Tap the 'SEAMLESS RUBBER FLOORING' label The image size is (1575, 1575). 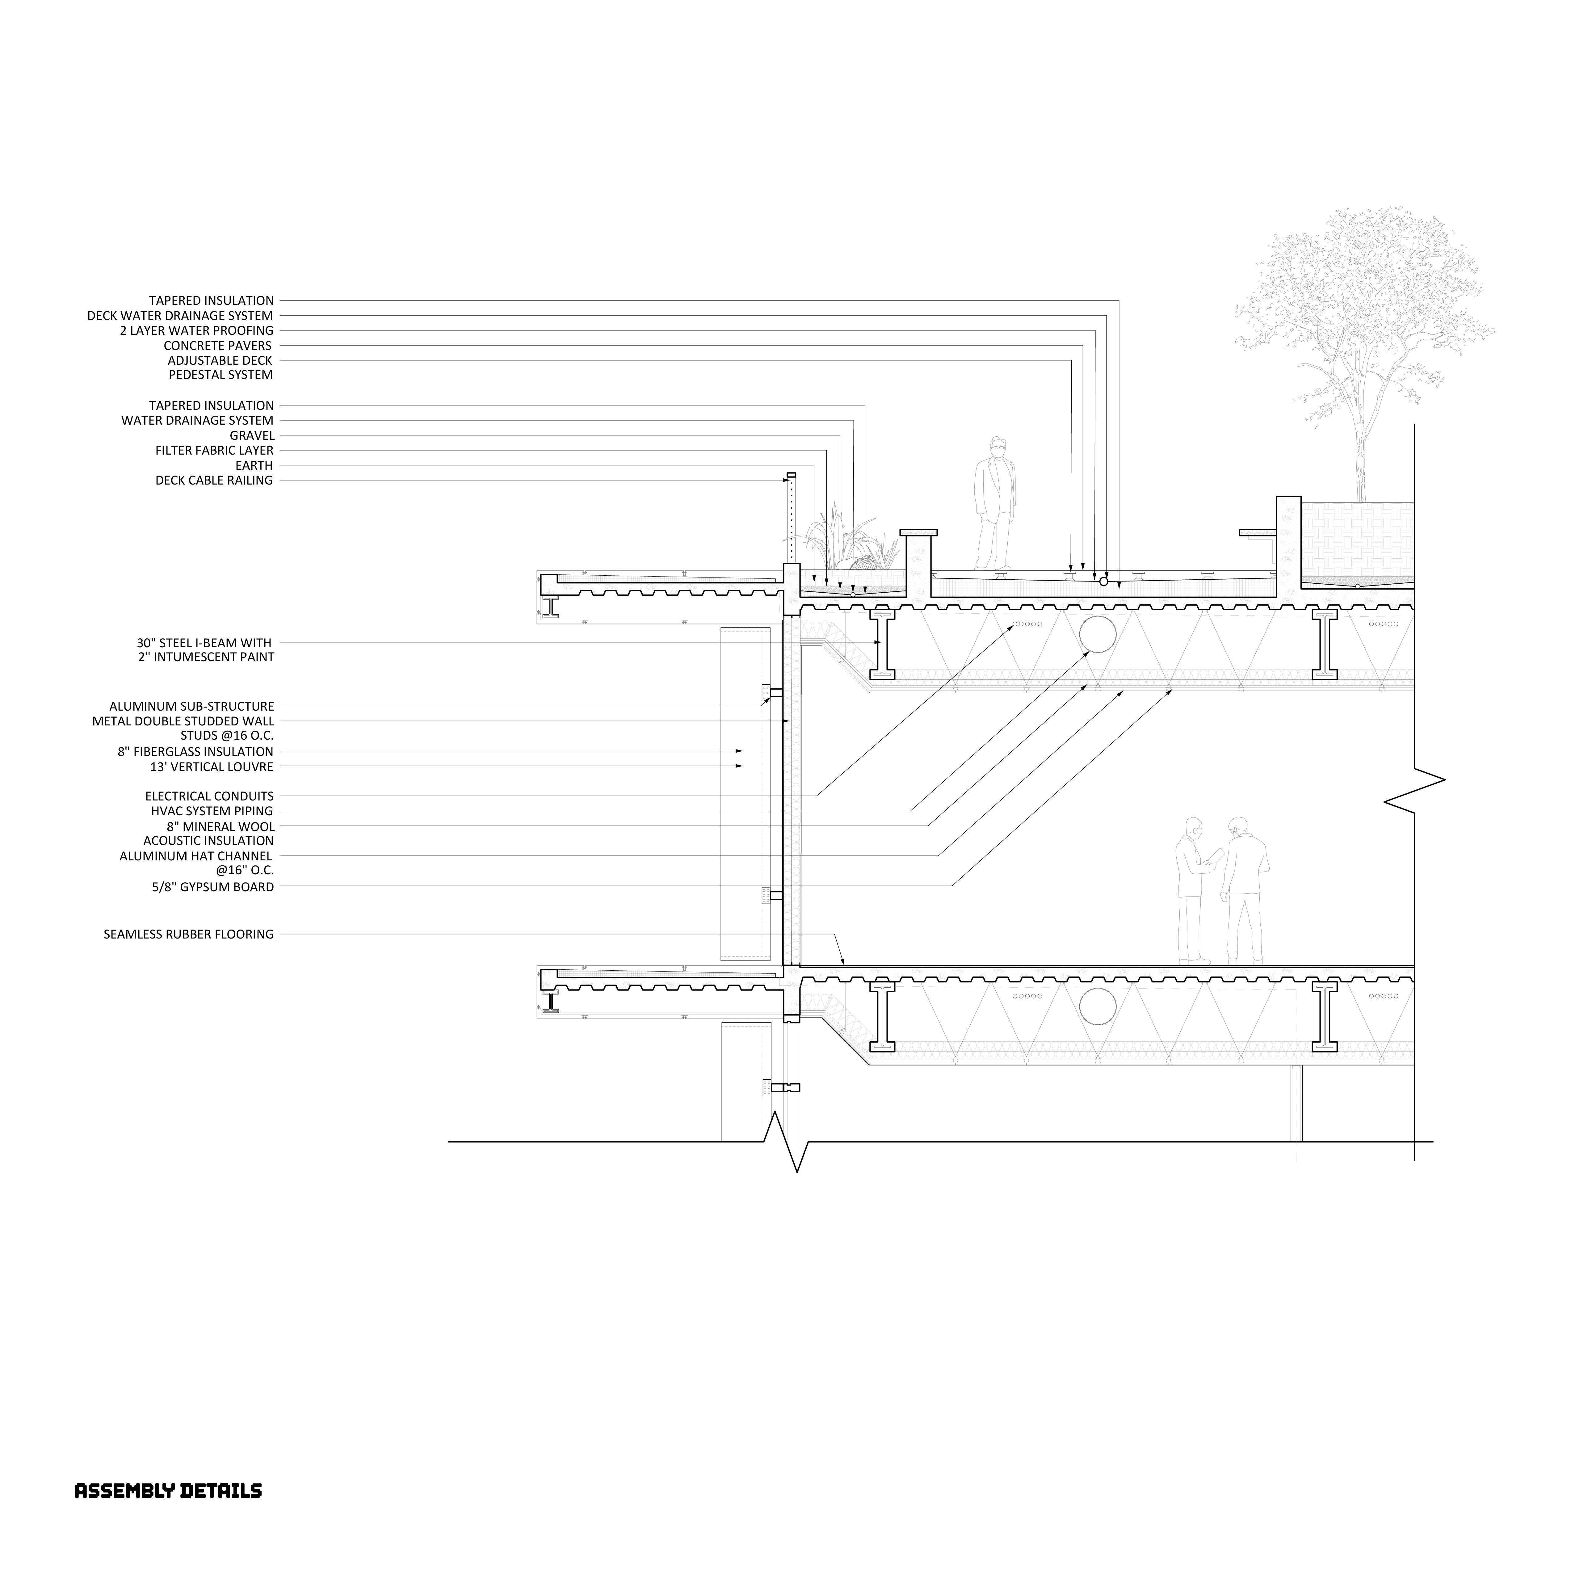[x=188, y=934]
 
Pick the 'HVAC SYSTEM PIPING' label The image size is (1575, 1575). [x=212, y=811]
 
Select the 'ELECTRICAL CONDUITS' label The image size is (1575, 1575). [x=209, y=796]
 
